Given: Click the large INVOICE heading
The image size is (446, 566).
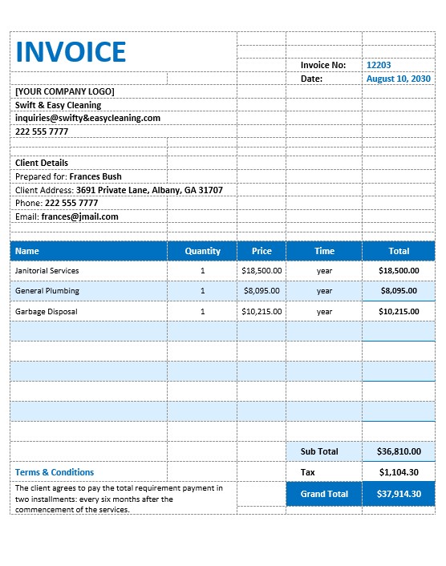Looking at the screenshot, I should (71, 51).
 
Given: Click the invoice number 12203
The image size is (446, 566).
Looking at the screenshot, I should (379, 65).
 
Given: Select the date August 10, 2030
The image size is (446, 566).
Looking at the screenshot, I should (398, 79).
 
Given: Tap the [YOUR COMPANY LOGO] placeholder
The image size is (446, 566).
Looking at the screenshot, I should (64, 91).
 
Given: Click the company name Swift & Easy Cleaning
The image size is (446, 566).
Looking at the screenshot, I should (59, 105).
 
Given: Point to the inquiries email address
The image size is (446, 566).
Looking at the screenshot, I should (87, 118).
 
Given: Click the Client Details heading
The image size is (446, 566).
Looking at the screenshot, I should (42, 163).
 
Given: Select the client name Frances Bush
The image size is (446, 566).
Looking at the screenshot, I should (95, 176).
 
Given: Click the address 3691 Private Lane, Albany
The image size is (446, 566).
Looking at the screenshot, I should (149, 190).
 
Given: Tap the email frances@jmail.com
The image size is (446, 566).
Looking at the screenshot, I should (79, 216).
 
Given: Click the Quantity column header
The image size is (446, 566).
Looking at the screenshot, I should (202, 251).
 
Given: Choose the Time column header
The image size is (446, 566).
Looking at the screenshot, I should (324, 251).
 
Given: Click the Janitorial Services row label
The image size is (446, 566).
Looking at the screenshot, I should (47, 271).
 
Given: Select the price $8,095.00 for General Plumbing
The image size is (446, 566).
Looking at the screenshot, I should (262, 291).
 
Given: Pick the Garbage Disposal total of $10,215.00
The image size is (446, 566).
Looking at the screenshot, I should (399, 311).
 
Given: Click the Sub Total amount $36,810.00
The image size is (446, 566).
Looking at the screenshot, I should (399, 451).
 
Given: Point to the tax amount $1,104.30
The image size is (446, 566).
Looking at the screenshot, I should (399, 472).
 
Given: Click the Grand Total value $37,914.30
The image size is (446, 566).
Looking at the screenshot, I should (399, 494).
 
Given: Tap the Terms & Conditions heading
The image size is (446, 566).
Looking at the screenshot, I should (55, 472).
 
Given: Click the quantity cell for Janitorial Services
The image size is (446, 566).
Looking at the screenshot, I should (202, 271).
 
